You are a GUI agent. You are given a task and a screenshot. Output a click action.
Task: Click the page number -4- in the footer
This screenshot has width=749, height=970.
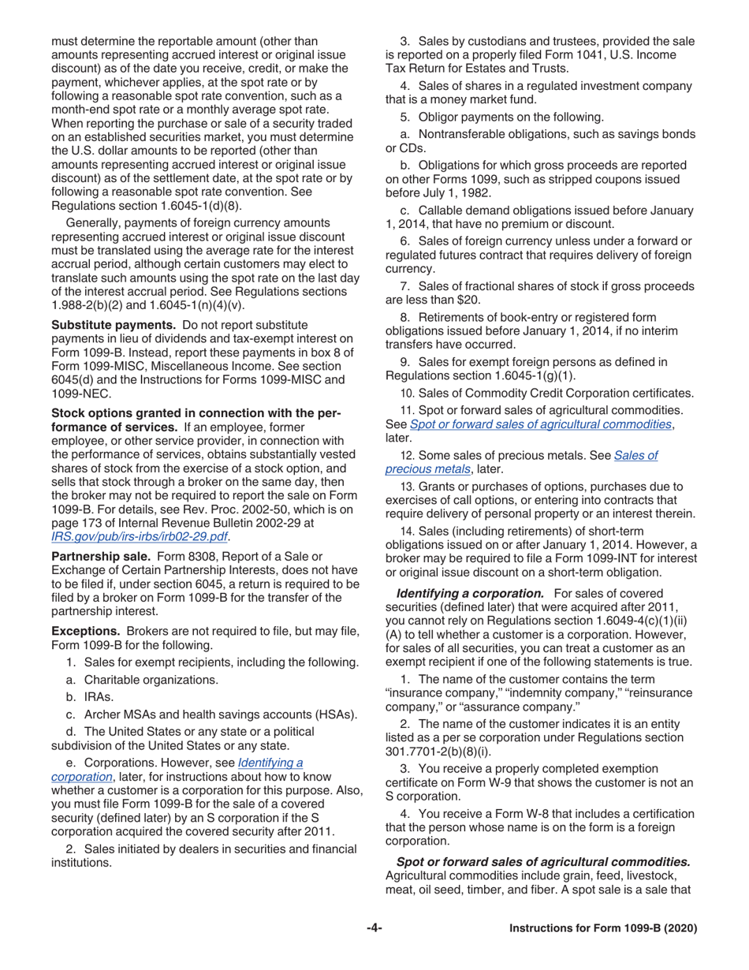click(x=374, y=929)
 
